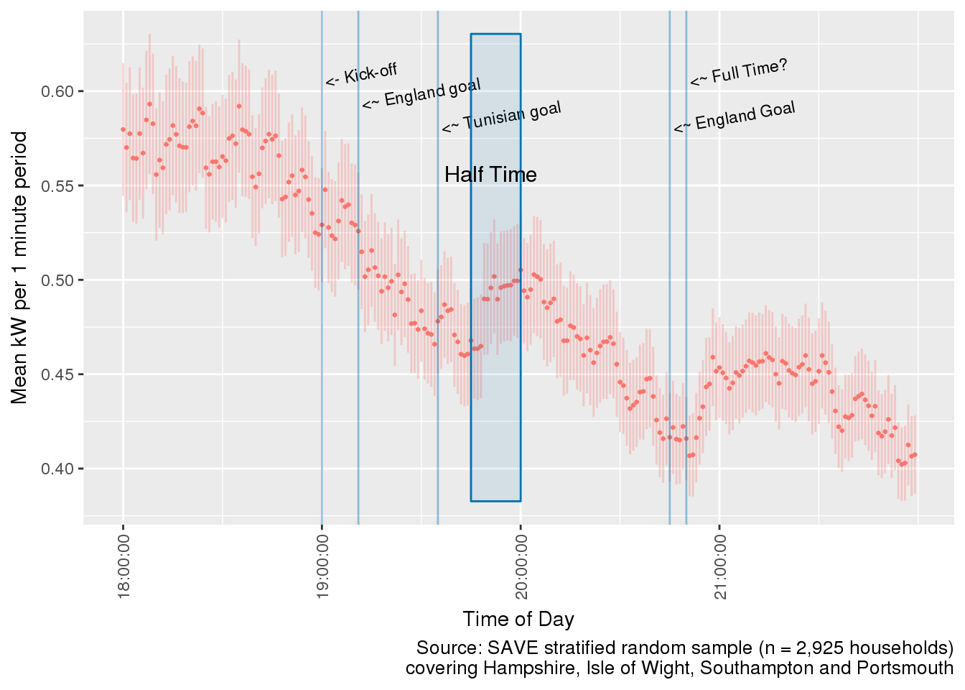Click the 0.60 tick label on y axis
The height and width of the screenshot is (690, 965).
(60, 91)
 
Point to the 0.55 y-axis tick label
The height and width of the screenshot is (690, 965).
(60, 185)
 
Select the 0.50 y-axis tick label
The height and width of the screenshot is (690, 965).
(60, 280)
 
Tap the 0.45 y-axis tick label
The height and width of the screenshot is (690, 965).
(60, 374)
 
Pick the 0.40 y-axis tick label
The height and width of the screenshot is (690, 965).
(60, 469)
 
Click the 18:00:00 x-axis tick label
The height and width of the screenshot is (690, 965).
(123, 566)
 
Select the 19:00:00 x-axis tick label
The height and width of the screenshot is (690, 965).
(322, 566)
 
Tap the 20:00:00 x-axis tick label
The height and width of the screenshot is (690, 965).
(521, 566)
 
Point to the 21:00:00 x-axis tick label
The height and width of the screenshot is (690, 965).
(719, 566)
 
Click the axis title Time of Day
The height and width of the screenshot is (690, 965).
(518, 619)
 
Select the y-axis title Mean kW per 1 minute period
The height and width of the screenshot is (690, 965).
(19, 268)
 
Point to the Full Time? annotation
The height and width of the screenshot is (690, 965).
(740, 73)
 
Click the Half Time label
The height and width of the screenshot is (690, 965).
(490, 175)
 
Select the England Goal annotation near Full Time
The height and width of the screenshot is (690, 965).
(735, 117)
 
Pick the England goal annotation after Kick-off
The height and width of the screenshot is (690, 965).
(421, 94)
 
